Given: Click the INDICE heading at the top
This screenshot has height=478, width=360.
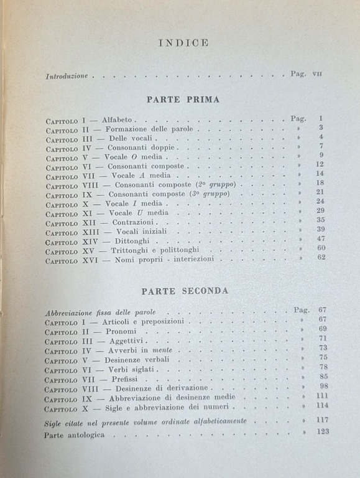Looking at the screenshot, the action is click(x=183, y=43).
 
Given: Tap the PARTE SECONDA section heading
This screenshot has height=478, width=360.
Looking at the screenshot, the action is click(x=185, y=291).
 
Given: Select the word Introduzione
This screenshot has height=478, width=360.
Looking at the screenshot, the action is click(x=67, y=77).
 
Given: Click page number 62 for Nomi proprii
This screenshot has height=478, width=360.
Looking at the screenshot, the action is click(x=321, y=257).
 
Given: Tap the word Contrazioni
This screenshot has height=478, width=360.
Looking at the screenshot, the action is click(x=133, y=221).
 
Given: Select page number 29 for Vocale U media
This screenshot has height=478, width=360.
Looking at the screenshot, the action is click(x=321, y=211).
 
